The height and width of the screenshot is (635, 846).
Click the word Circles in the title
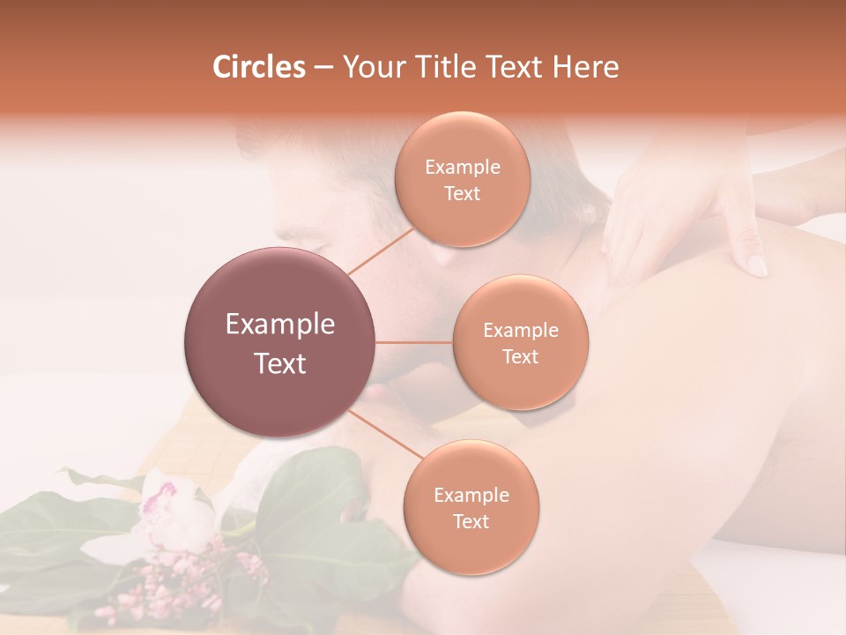coord(258,67)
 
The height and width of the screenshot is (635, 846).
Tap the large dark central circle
coord(279,342)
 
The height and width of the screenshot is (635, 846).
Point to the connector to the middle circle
coord(414,342)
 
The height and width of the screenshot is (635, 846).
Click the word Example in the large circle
coord(280,325)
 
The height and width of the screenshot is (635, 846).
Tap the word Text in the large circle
coord(280,363)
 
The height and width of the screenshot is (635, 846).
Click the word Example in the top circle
coord(463,168)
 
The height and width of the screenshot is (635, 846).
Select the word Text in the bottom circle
coord(471,522)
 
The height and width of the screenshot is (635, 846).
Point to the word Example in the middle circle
coord(521,331)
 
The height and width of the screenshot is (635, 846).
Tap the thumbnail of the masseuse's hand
coord(757,265)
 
